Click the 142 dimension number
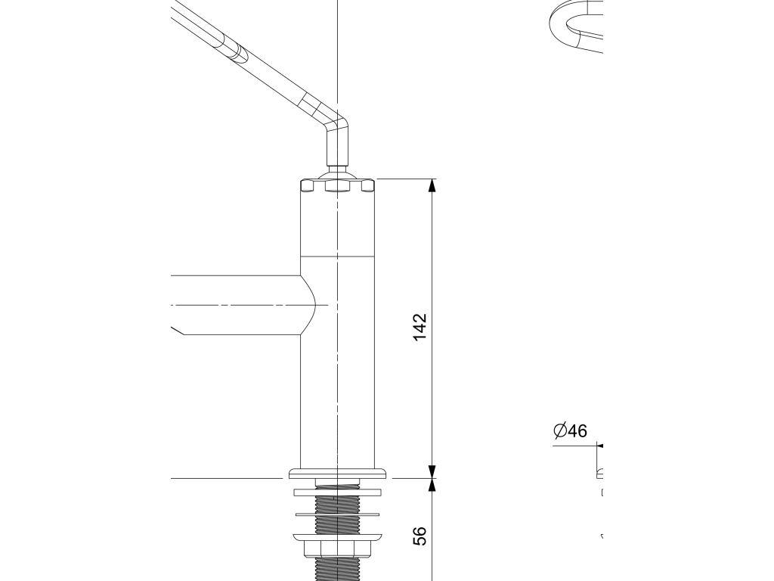tap(421, 327)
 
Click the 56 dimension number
tap(421, 536)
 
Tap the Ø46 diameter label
tap(570, 431)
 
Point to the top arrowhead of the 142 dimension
tap(432, 186)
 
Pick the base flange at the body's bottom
tap(337, 474)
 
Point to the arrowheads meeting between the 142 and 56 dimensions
tap(432, 479)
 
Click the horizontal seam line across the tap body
tap(337, 256)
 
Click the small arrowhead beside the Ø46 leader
tap(599, 446)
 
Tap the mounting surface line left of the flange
tap(227, 478)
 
